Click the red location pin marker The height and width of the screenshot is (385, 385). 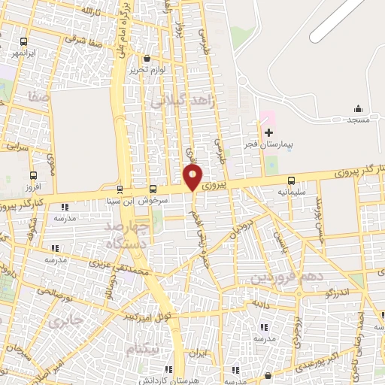click(192, 177)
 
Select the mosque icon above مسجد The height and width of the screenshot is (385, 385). click(358, 108)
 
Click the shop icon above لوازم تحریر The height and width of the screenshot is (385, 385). click(146, 58)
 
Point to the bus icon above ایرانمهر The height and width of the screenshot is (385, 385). click(25, 43)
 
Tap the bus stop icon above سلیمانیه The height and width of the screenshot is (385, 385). click(291, 180)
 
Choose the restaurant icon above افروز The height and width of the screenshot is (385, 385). click(32, 174)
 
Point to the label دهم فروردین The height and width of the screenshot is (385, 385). click(278, 277)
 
